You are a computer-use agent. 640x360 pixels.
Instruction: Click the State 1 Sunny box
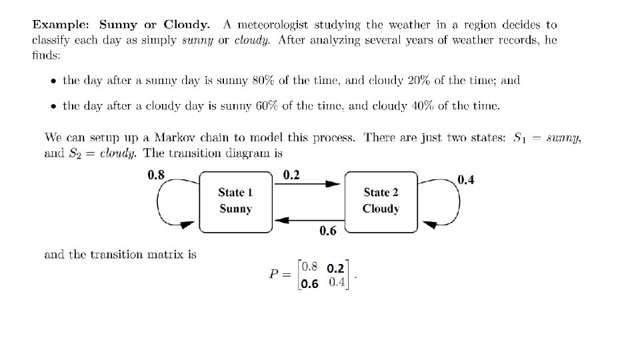coord(235,201)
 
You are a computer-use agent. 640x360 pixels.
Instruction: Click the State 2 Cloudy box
coord(381,201)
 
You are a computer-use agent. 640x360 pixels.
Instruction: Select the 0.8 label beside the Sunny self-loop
coord(155,176)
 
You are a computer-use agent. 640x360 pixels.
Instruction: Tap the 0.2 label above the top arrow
coord(291,176)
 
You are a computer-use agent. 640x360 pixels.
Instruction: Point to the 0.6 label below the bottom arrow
coord(327,231)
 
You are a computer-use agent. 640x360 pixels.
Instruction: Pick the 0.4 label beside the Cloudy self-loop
coord(466,181)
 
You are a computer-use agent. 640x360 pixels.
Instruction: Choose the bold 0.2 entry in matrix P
coord(335,268)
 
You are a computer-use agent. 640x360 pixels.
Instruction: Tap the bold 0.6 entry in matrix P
coord(309,285)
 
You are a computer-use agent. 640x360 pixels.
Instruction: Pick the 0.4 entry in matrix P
coord(337,283)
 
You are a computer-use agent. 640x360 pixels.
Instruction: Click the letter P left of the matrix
coord(275,276)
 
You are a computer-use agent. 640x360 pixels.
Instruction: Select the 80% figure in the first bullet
coord(259,80)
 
